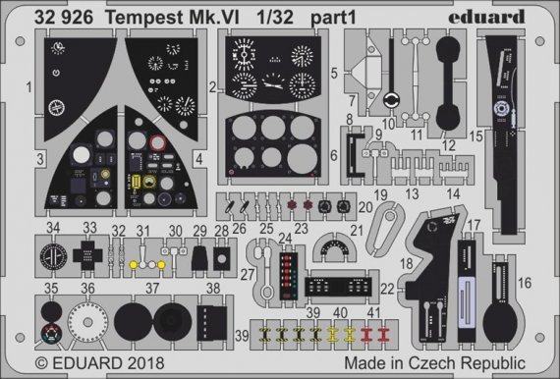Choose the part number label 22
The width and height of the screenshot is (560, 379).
pyautogui.click(x=388, y=288)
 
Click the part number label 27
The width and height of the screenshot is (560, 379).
pyautogui.click(x=248, y=274)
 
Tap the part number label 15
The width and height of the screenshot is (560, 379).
pyautogui.click(x=476, y=136)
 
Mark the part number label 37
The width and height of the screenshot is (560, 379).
pyautogui.click(x=152, y=290)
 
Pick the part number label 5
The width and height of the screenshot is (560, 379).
pyautogui.click(x=335, y=72)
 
